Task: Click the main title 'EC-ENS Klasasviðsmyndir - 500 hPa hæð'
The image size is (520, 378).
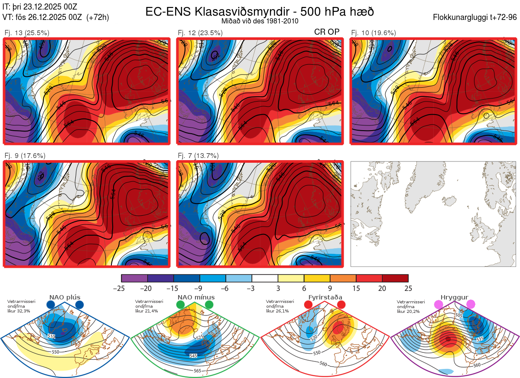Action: pyautogui.click(x=260, y=11)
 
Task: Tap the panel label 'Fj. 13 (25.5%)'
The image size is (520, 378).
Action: pyautogui.click(x=27, y=33)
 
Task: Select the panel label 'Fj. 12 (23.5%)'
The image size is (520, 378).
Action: pyautogui.click(x=200, y=33)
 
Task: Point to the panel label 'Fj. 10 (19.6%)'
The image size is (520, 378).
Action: pyautogui.click(x=374, y=33)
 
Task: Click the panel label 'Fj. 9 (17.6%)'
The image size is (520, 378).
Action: pyautogui.click(x=25, y=156)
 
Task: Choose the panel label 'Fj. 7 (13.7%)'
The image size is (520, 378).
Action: pyautogui.click(x=198, y=156)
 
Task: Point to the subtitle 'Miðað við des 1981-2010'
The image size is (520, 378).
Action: pyautogui.click(x=260, y=21)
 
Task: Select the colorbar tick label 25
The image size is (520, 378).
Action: pyautogui.click(x=408, y=288)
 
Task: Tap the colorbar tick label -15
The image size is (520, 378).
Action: pyautogui.click(x=173, y=288)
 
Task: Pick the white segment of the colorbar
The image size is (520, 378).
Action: pyautogui.click(x=265, y=278)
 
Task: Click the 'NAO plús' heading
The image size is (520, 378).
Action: pyautogui.click(x=65, y=297)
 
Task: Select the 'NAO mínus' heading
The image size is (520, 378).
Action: pyautogui.click(x=196, y=297)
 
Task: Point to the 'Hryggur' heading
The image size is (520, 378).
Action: pyautogui.click(x=454, y=297)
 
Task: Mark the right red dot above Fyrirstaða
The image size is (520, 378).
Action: pyautogui.click(x=341, y=305)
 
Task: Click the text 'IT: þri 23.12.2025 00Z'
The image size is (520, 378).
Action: pyautogui.click(x=40, y=7)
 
